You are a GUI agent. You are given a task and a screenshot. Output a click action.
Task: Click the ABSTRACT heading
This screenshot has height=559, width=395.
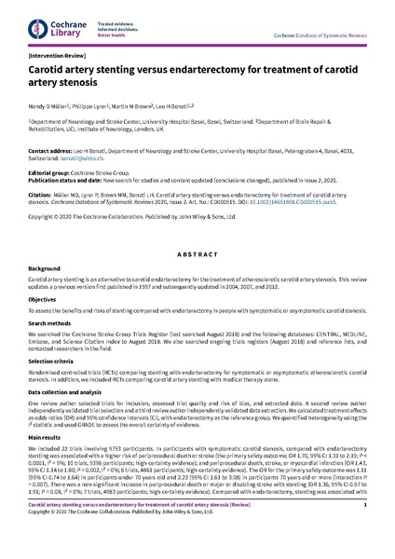pyautogui.click(x=197, y=252)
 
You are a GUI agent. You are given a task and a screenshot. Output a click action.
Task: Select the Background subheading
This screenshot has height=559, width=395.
pyautogui.click(x=47, y=267)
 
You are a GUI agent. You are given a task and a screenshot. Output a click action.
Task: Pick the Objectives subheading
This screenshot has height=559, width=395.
pyautogui.click(x=46, y=299)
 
